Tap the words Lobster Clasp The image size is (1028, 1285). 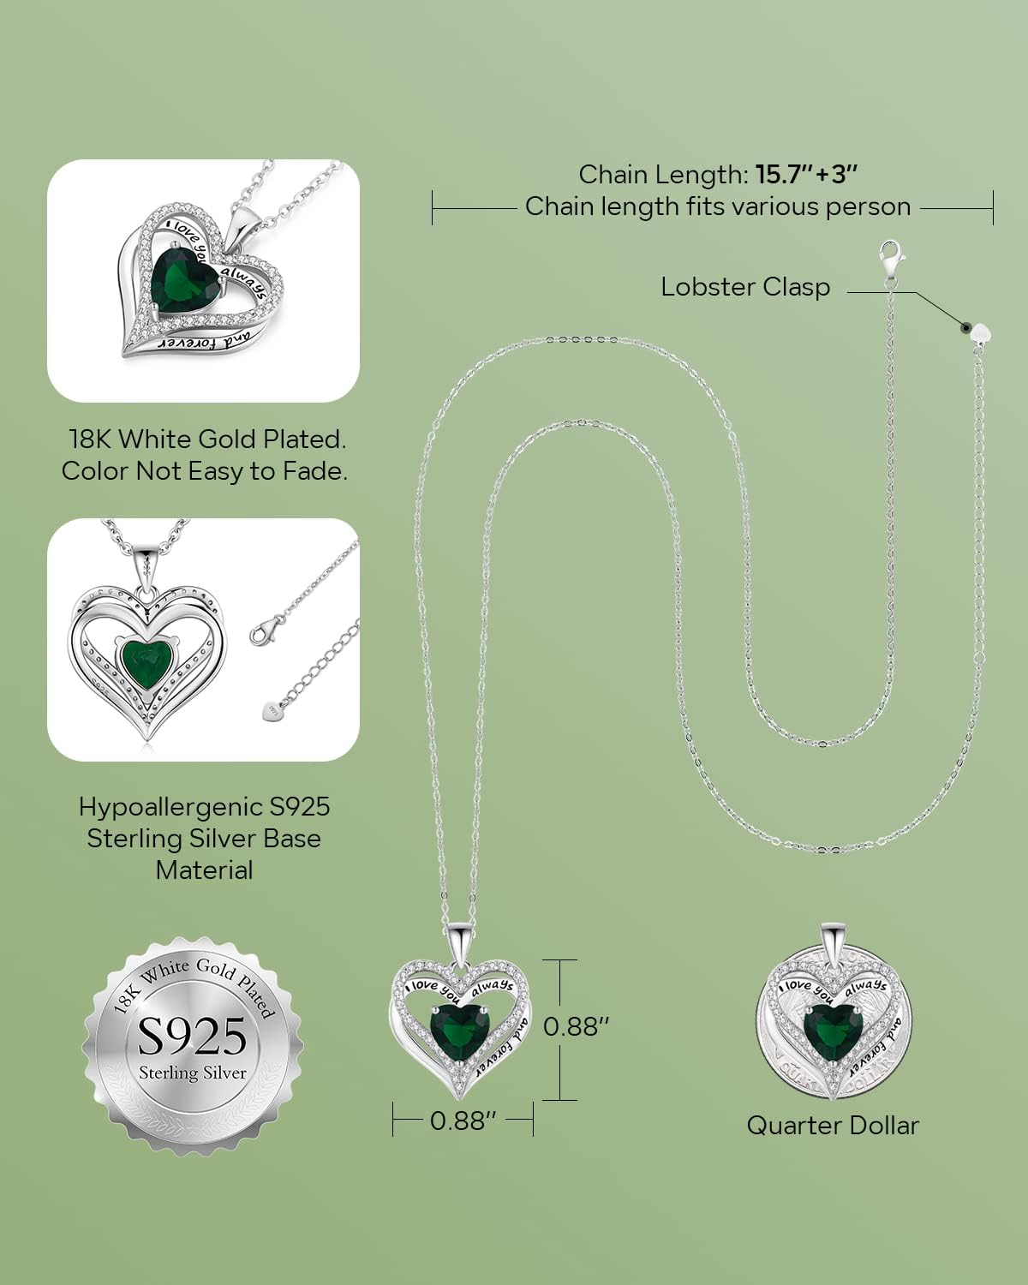coord(745,287)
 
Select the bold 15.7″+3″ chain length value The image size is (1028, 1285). coord(806,175)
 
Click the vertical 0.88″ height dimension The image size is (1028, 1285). coord(576,1026)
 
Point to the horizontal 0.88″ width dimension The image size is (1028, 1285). coord(463,1121)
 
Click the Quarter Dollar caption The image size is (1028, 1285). coord(833,1126)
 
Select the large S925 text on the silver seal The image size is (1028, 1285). coord(193,1037)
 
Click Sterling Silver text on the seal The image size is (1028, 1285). coord(193,1073)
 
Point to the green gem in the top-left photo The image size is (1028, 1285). coord(184,277)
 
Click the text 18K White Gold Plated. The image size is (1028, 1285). coord(207,439)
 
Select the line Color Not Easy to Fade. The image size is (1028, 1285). coord(205,471)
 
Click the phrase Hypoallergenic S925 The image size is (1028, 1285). coord(205,807)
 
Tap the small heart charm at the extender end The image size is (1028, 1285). coord(982,332)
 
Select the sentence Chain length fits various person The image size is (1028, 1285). coord(718,206)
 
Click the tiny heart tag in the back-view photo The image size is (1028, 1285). coord(272,710)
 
